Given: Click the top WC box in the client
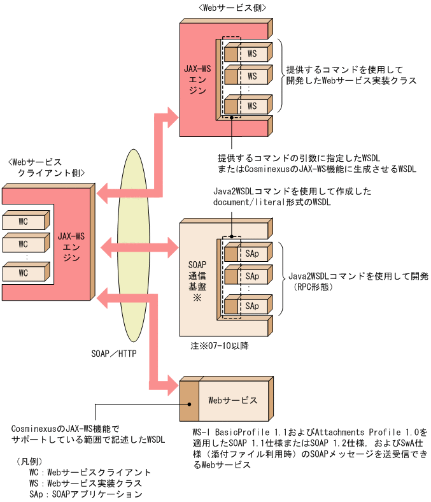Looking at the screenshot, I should [x=24, y=221].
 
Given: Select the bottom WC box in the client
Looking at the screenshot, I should [x=24, y=273].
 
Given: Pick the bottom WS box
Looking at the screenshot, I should [x=253, y=105].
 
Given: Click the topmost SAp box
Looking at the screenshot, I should [x=253, y=254].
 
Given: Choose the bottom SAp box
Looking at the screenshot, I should [x=253, y=306].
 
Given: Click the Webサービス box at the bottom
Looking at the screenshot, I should [x=233, y=401].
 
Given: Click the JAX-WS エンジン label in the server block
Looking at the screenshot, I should [x=197, y=78].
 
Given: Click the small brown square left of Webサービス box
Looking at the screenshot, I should [x=189, y=401].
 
